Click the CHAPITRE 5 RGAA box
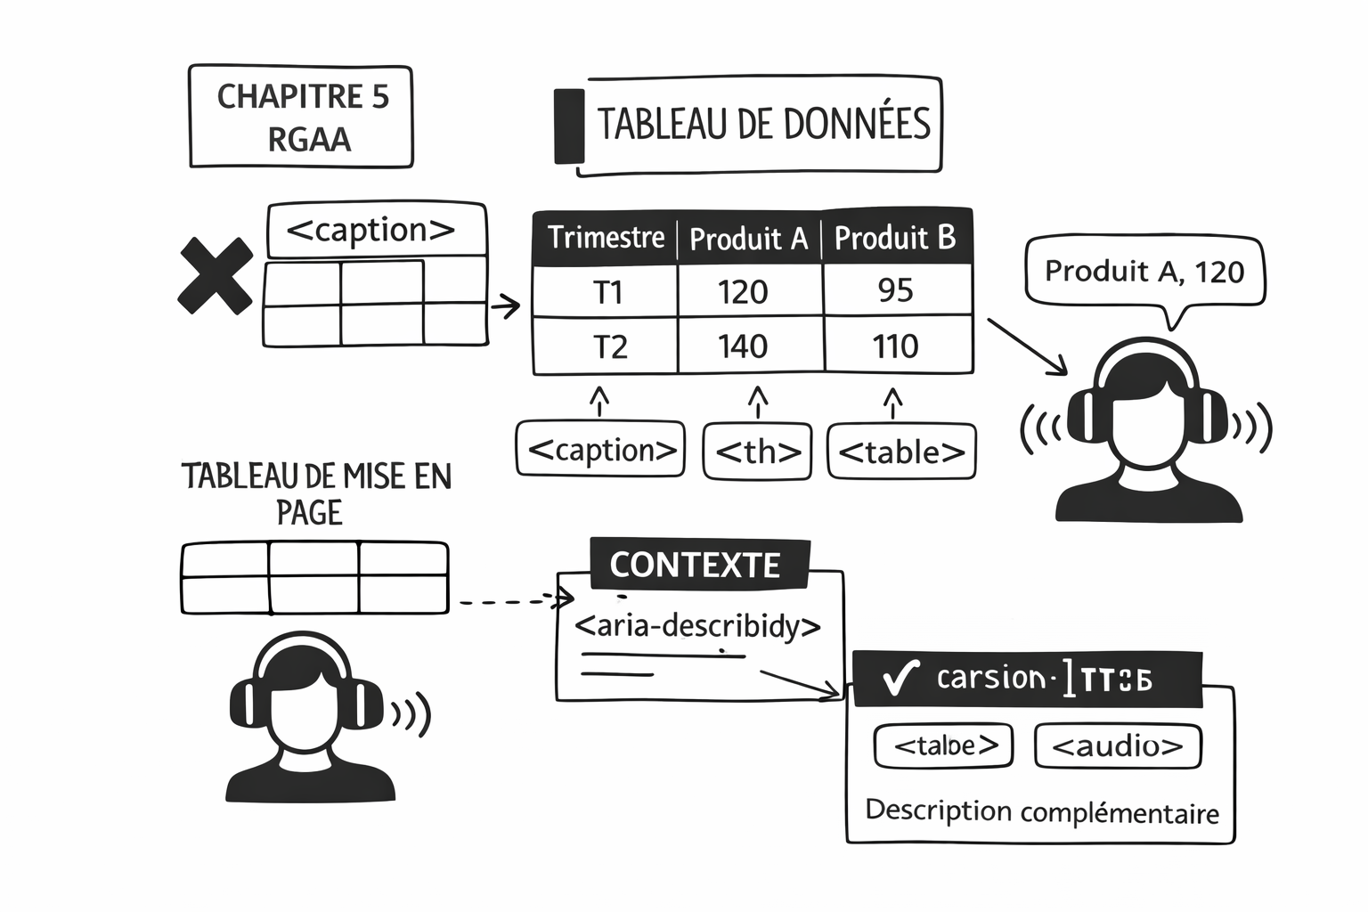point(301,117)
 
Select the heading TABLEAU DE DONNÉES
point(762,125)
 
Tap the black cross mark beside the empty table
point(216,275)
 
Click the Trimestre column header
point(606,238)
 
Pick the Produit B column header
point(895,238)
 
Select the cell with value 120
point(743,292)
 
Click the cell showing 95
point(895,290)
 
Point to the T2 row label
point(610,346)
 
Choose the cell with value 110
point(895,346)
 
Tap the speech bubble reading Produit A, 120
point(1144,272)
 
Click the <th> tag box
point(758,452)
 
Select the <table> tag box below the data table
point(901,452)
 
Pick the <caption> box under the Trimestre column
point(601,451)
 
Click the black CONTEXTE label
point(696,565)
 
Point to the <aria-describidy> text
point(697,626)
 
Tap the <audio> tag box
point(1118,745)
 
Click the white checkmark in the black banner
point(899,679)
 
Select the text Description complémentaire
point(1042,811)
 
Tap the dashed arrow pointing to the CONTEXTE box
point(512,602)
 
